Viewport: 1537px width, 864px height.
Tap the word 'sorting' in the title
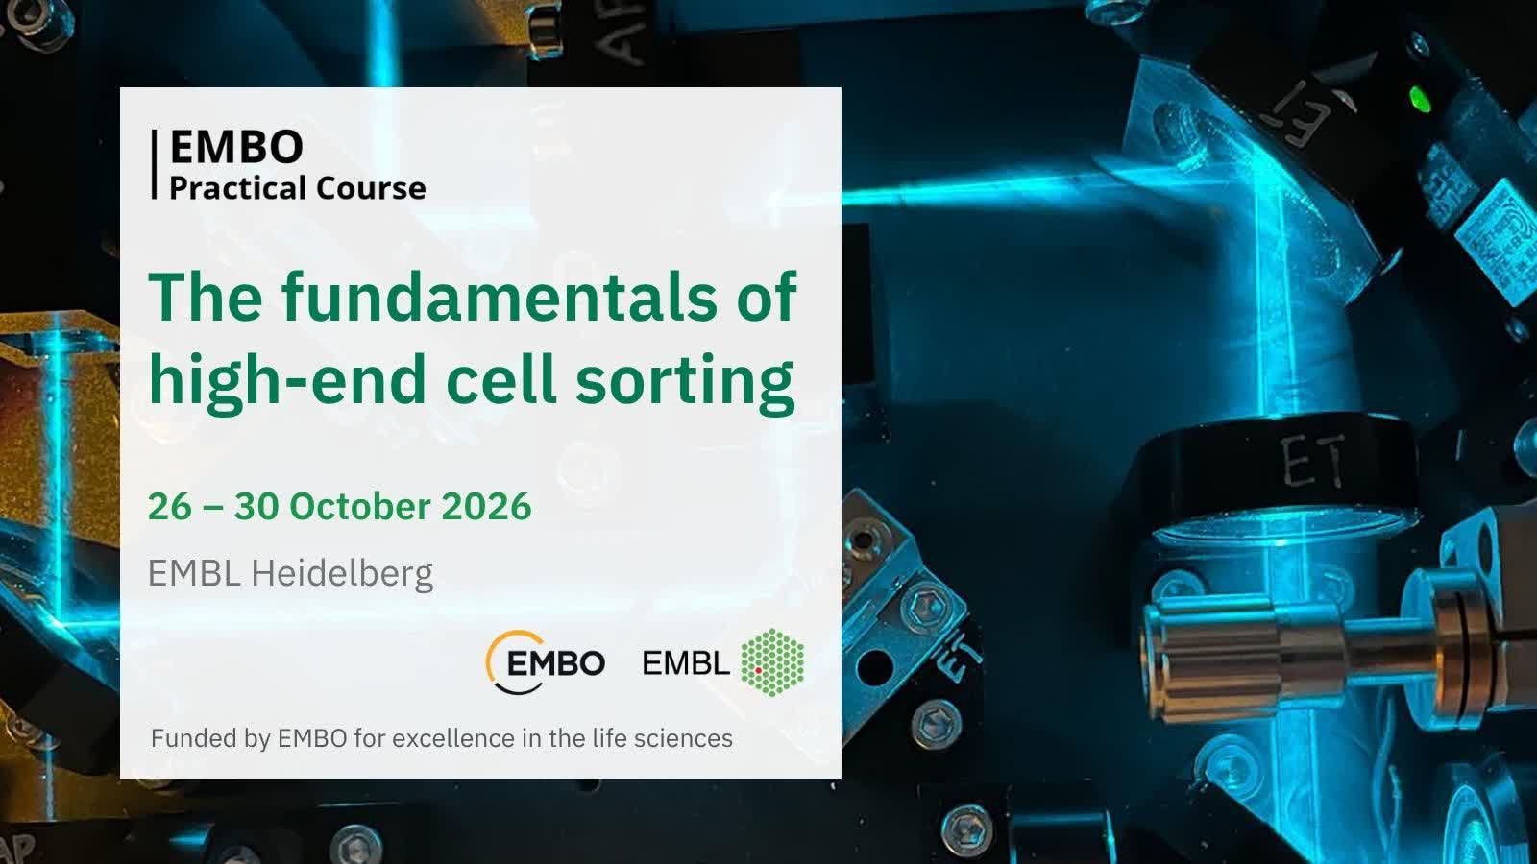(685, 381)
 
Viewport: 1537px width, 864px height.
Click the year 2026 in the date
(486, 506)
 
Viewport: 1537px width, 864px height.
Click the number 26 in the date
(169, 506)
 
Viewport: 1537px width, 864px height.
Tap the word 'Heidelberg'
(342, 573)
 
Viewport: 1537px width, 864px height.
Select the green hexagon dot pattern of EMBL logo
(772, 662)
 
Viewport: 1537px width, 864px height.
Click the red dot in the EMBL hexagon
(759, 669)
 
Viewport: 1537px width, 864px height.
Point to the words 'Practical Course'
(297, 188)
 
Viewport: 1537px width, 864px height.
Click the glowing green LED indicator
(1420, 100)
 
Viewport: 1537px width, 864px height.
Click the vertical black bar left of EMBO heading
(155, 164)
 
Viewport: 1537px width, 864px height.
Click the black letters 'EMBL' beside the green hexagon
(686, 663)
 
